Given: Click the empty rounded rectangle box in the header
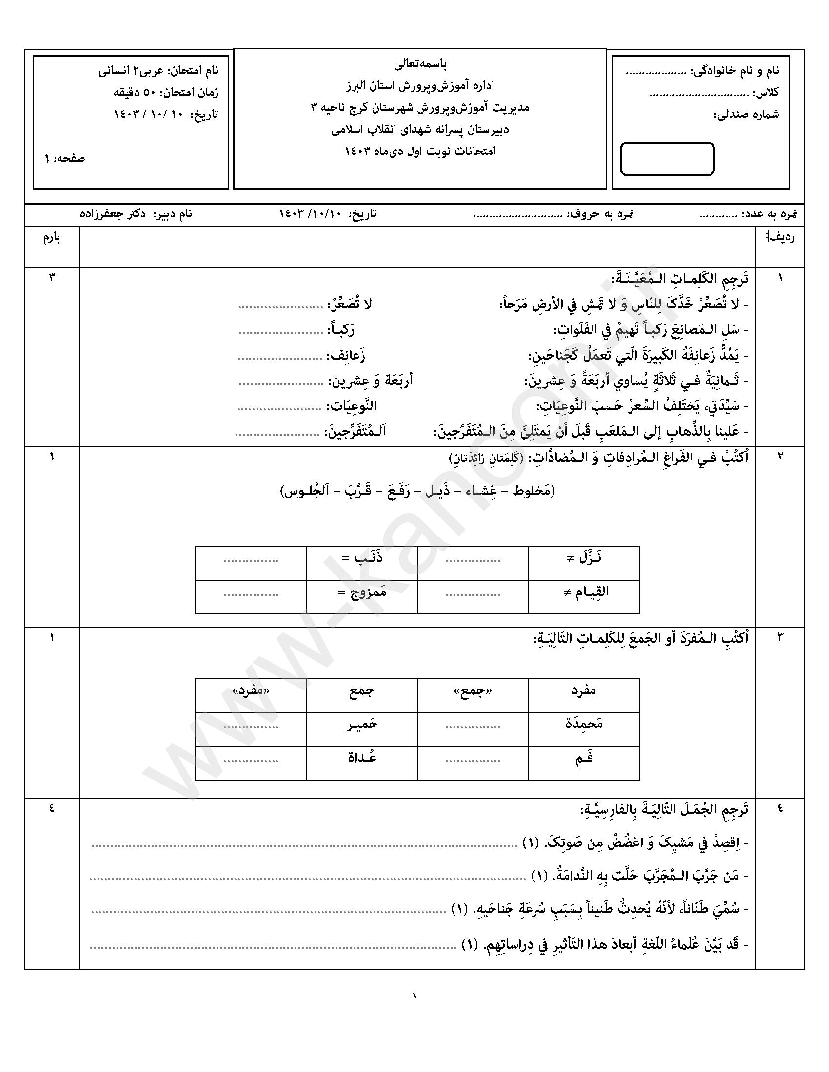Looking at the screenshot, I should [667, 158].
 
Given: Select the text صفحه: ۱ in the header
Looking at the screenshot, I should [65, 159].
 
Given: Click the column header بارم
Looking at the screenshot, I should [52, 239].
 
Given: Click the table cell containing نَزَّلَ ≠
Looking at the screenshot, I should [584, 558].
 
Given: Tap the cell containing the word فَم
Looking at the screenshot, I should [584, 757].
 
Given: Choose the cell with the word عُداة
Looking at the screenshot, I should [362, 757].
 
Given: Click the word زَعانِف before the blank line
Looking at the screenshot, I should [347, 355].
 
